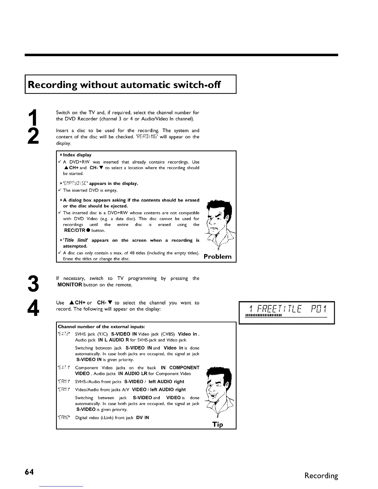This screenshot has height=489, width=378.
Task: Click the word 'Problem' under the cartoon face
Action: click(218, 257)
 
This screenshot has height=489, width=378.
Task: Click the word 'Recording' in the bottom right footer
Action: click(321, 475)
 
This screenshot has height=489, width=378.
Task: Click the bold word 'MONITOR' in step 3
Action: click(70, 285)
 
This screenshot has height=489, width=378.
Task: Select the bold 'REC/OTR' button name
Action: click(74, 231)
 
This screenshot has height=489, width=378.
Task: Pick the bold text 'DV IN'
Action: click(142, 418)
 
